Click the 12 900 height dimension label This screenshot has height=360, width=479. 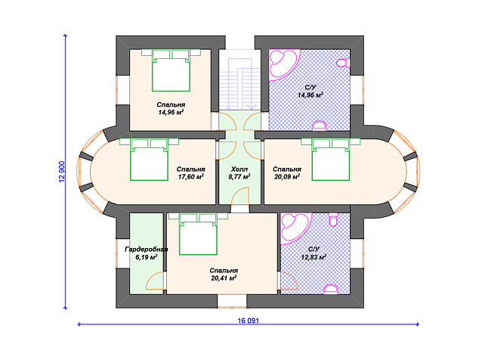click(61, 171)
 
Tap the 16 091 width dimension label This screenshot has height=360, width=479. click(248, 321)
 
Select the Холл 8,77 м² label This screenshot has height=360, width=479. click(239, 172)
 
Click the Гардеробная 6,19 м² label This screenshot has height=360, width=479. click(147, 253)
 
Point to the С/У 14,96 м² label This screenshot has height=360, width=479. click(311, 92)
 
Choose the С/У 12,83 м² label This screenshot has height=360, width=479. click(314, 253)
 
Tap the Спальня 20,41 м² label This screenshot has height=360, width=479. click(224, 275)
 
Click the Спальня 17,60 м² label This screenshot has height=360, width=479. click(191, 172)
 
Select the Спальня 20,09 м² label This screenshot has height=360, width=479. click(287, 172)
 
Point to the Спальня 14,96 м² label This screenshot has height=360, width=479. click(171, 109)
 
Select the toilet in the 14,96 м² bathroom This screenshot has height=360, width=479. click(344, 63)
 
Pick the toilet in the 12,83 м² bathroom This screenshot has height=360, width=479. click(333, 219)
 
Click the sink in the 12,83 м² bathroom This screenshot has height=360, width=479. click(331, 290)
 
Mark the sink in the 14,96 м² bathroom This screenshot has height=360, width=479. click(320, 126)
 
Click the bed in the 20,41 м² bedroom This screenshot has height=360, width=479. click(198, 234)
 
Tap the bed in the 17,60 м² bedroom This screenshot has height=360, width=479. click(149, 160)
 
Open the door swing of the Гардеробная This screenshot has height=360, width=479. click(155, 281)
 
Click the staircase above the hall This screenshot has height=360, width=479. click(239, 79)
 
